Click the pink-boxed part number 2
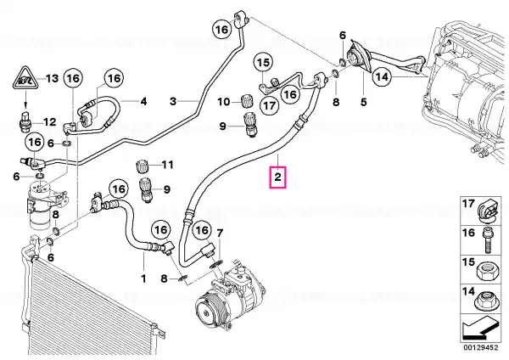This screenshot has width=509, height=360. point(277,177)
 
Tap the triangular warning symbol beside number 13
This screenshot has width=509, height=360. point(25,78)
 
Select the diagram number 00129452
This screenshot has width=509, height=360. point(480,347)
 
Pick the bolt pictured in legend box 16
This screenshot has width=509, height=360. point(487,240)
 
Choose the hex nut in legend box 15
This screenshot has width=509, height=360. point(485,270)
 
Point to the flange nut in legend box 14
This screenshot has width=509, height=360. point(485,301)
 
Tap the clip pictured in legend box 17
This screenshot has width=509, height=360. point(489,211)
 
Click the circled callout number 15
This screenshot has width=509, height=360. point(263,62)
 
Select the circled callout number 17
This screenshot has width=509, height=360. point(270,105)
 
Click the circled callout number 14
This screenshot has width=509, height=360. point(382,77)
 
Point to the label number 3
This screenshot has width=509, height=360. point(173,101)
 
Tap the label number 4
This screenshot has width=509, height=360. point(143,101)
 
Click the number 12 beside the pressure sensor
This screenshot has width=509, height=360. point(50,122)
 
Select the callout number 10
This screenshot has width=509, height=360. point(223,102)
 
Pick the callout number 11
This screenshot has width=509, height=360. point(168,165)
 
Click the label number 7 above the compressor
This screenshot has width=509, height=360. point(220,233)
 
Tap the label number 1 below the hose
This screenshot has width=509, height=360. point(143,278)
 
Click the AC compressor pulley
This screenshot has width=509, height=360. point(209,309)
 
